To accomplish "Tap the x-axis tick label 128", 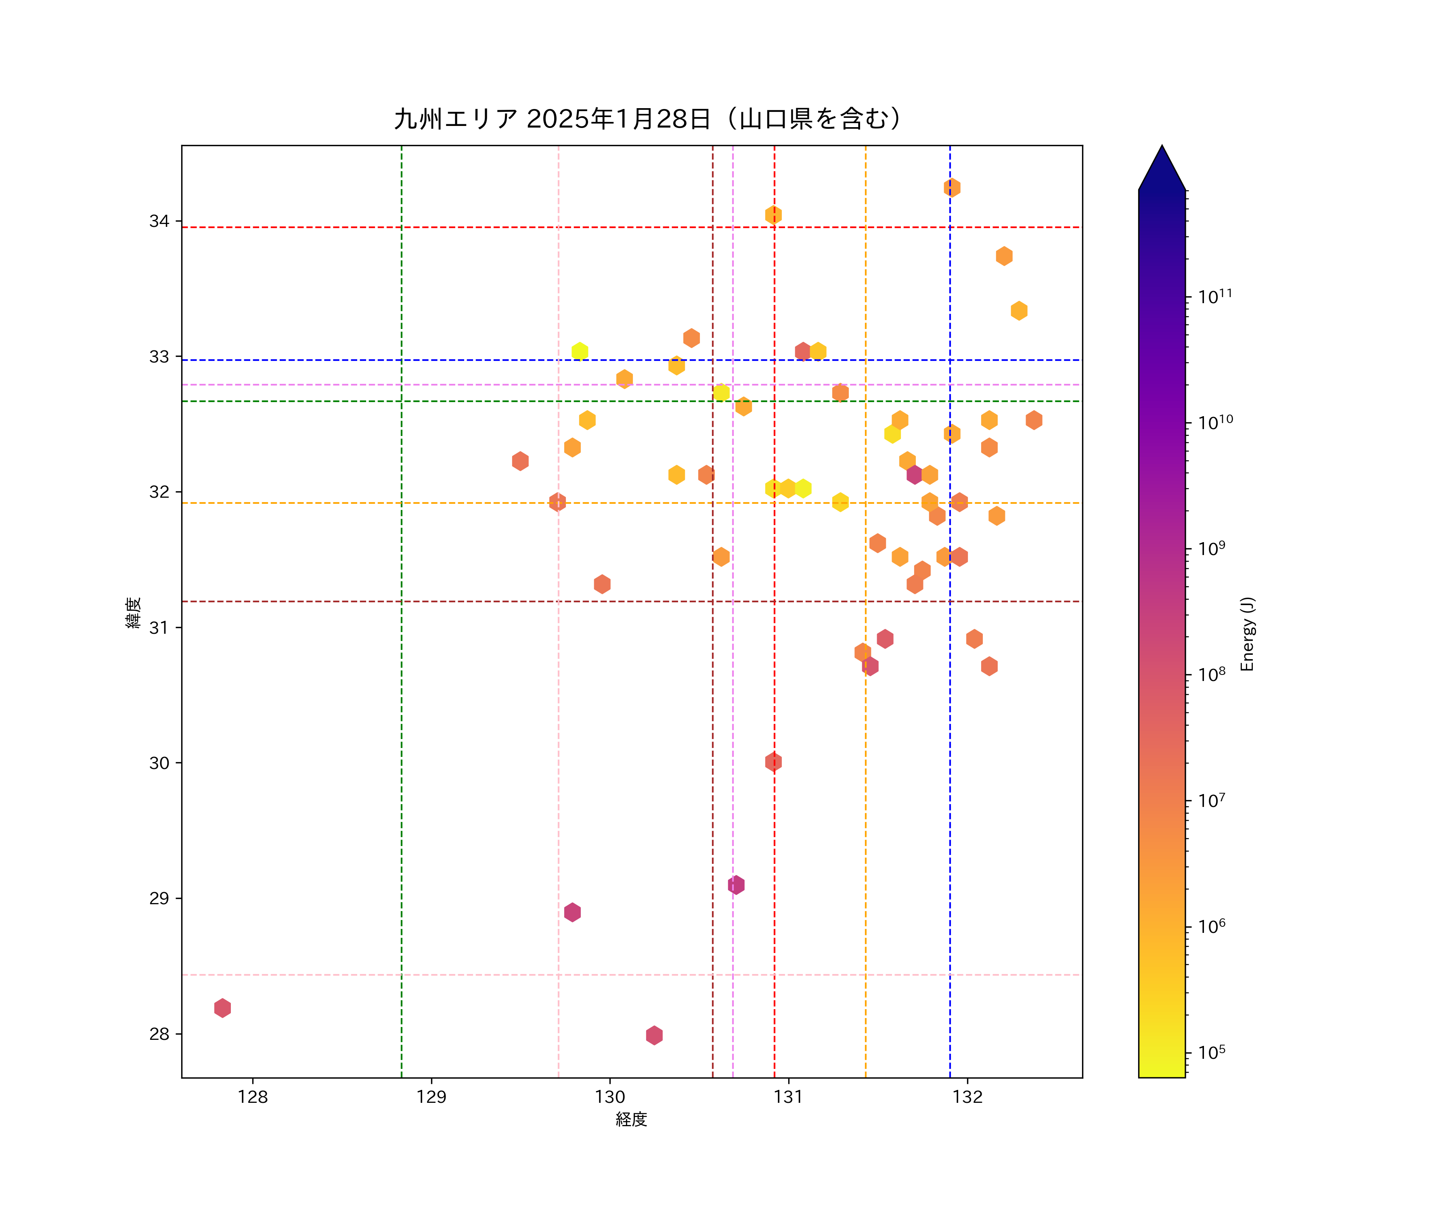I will [x=253, y=1097].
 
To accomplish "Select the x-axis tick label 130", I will [x=609, y=1097].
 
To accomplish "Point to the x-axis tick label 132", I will [x=967, y=1097].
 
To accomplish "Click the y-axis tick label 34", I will [x=159, y=222].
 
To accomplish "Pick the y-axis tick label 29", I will [x=159, y=898].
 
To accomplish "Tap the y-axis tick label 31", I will [x=159, y=628].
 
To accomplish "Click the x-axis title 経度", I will [x=631, y=1119].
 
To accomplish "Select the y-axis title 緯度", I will [x=134, y=612].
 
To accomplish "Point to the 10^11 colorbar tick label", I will [x=1215, y=297].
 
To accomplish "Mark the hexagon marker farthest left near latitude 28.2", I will [x=222, y=1008].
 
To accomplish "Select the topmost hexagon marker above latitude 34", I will [x=952, y=188].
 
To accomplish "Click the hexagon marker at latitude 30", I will [x=774, y=762].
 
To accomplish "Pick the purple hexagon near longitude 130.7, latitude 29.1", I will [x=736, y=884].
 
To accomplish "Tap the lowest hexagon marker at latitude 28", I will [x=654, y=1035].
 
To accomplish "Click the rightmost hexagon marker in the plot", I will [x=1034, y=420].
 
